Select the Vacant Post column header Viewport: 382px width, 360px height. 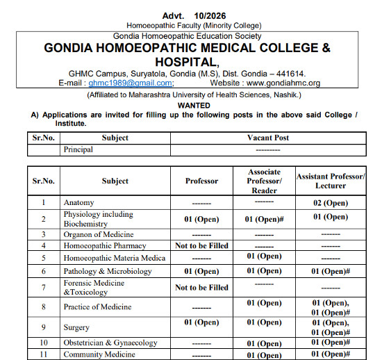click(267, 138)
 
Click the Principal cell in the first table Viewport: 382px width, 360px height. click(78, 149)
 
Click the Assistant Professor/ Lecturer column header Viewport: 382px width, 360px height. click(330, 181)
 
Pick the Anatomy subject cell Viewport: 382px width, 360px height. click(78, 202)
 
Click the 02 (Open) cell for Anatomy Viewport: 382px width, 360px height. click(330, 202)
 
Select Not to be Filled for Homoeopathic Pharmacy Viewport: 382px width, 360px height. click(201, 245)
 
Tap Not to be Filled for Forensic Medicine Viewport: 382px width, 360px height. click(201, 287)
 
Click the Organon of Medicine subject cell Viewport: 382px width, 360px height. click(98, 234)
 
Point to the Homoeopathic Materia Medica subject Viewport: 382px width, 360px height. click(115, 258)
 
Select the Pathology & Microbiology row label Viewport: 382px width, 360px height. click(108, 271)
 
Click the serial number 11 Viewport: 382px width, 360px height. click(43, 354)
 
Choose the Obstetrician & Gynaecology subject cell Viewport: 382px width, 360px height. click(110, 343)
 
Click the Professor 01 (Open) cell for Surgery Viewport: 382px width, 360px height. click(201, 322)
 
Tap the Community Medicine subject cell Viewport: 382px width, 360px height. click(99, 354)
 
